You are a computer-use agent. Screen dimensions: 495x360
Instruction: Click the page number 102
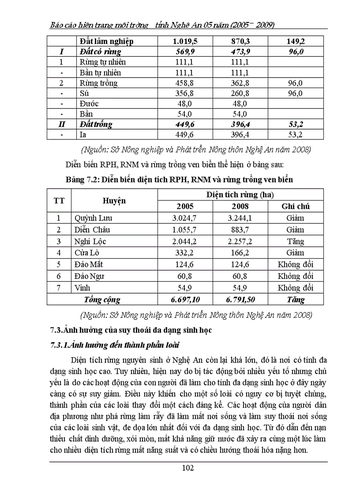[x=187, y=468]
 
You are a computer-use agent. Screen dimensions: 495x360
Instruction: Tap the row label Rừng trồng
[x=98, y=83]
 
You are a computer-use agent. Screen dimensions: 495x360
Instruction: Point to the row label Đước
[x=89, y=104]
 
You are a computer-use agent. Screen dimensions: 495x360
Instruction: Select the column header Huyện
[x=114, y=201]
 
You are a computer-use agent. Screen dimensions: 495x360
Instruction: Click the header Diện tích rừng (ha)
[x=240, y=194]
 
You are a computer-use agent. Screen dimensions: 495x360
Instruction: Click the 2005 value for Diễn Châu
[x=185, y=230]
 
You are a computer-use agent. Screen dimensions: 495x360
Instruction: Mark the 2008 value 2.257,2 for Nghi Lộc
[x=240, y=242]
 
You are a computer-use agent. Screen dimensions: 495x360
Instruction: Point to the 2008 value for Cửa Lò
[x=240, y=253]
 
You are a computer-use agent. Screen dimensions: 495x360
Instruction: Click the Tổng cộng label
[x=102, y=300]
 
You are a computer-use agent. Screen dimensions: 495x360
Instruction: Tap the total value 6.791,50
[x=240, y=300]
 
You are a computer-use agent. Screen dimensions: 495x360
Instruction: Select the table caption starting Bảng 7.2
[x=179, y=179]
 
